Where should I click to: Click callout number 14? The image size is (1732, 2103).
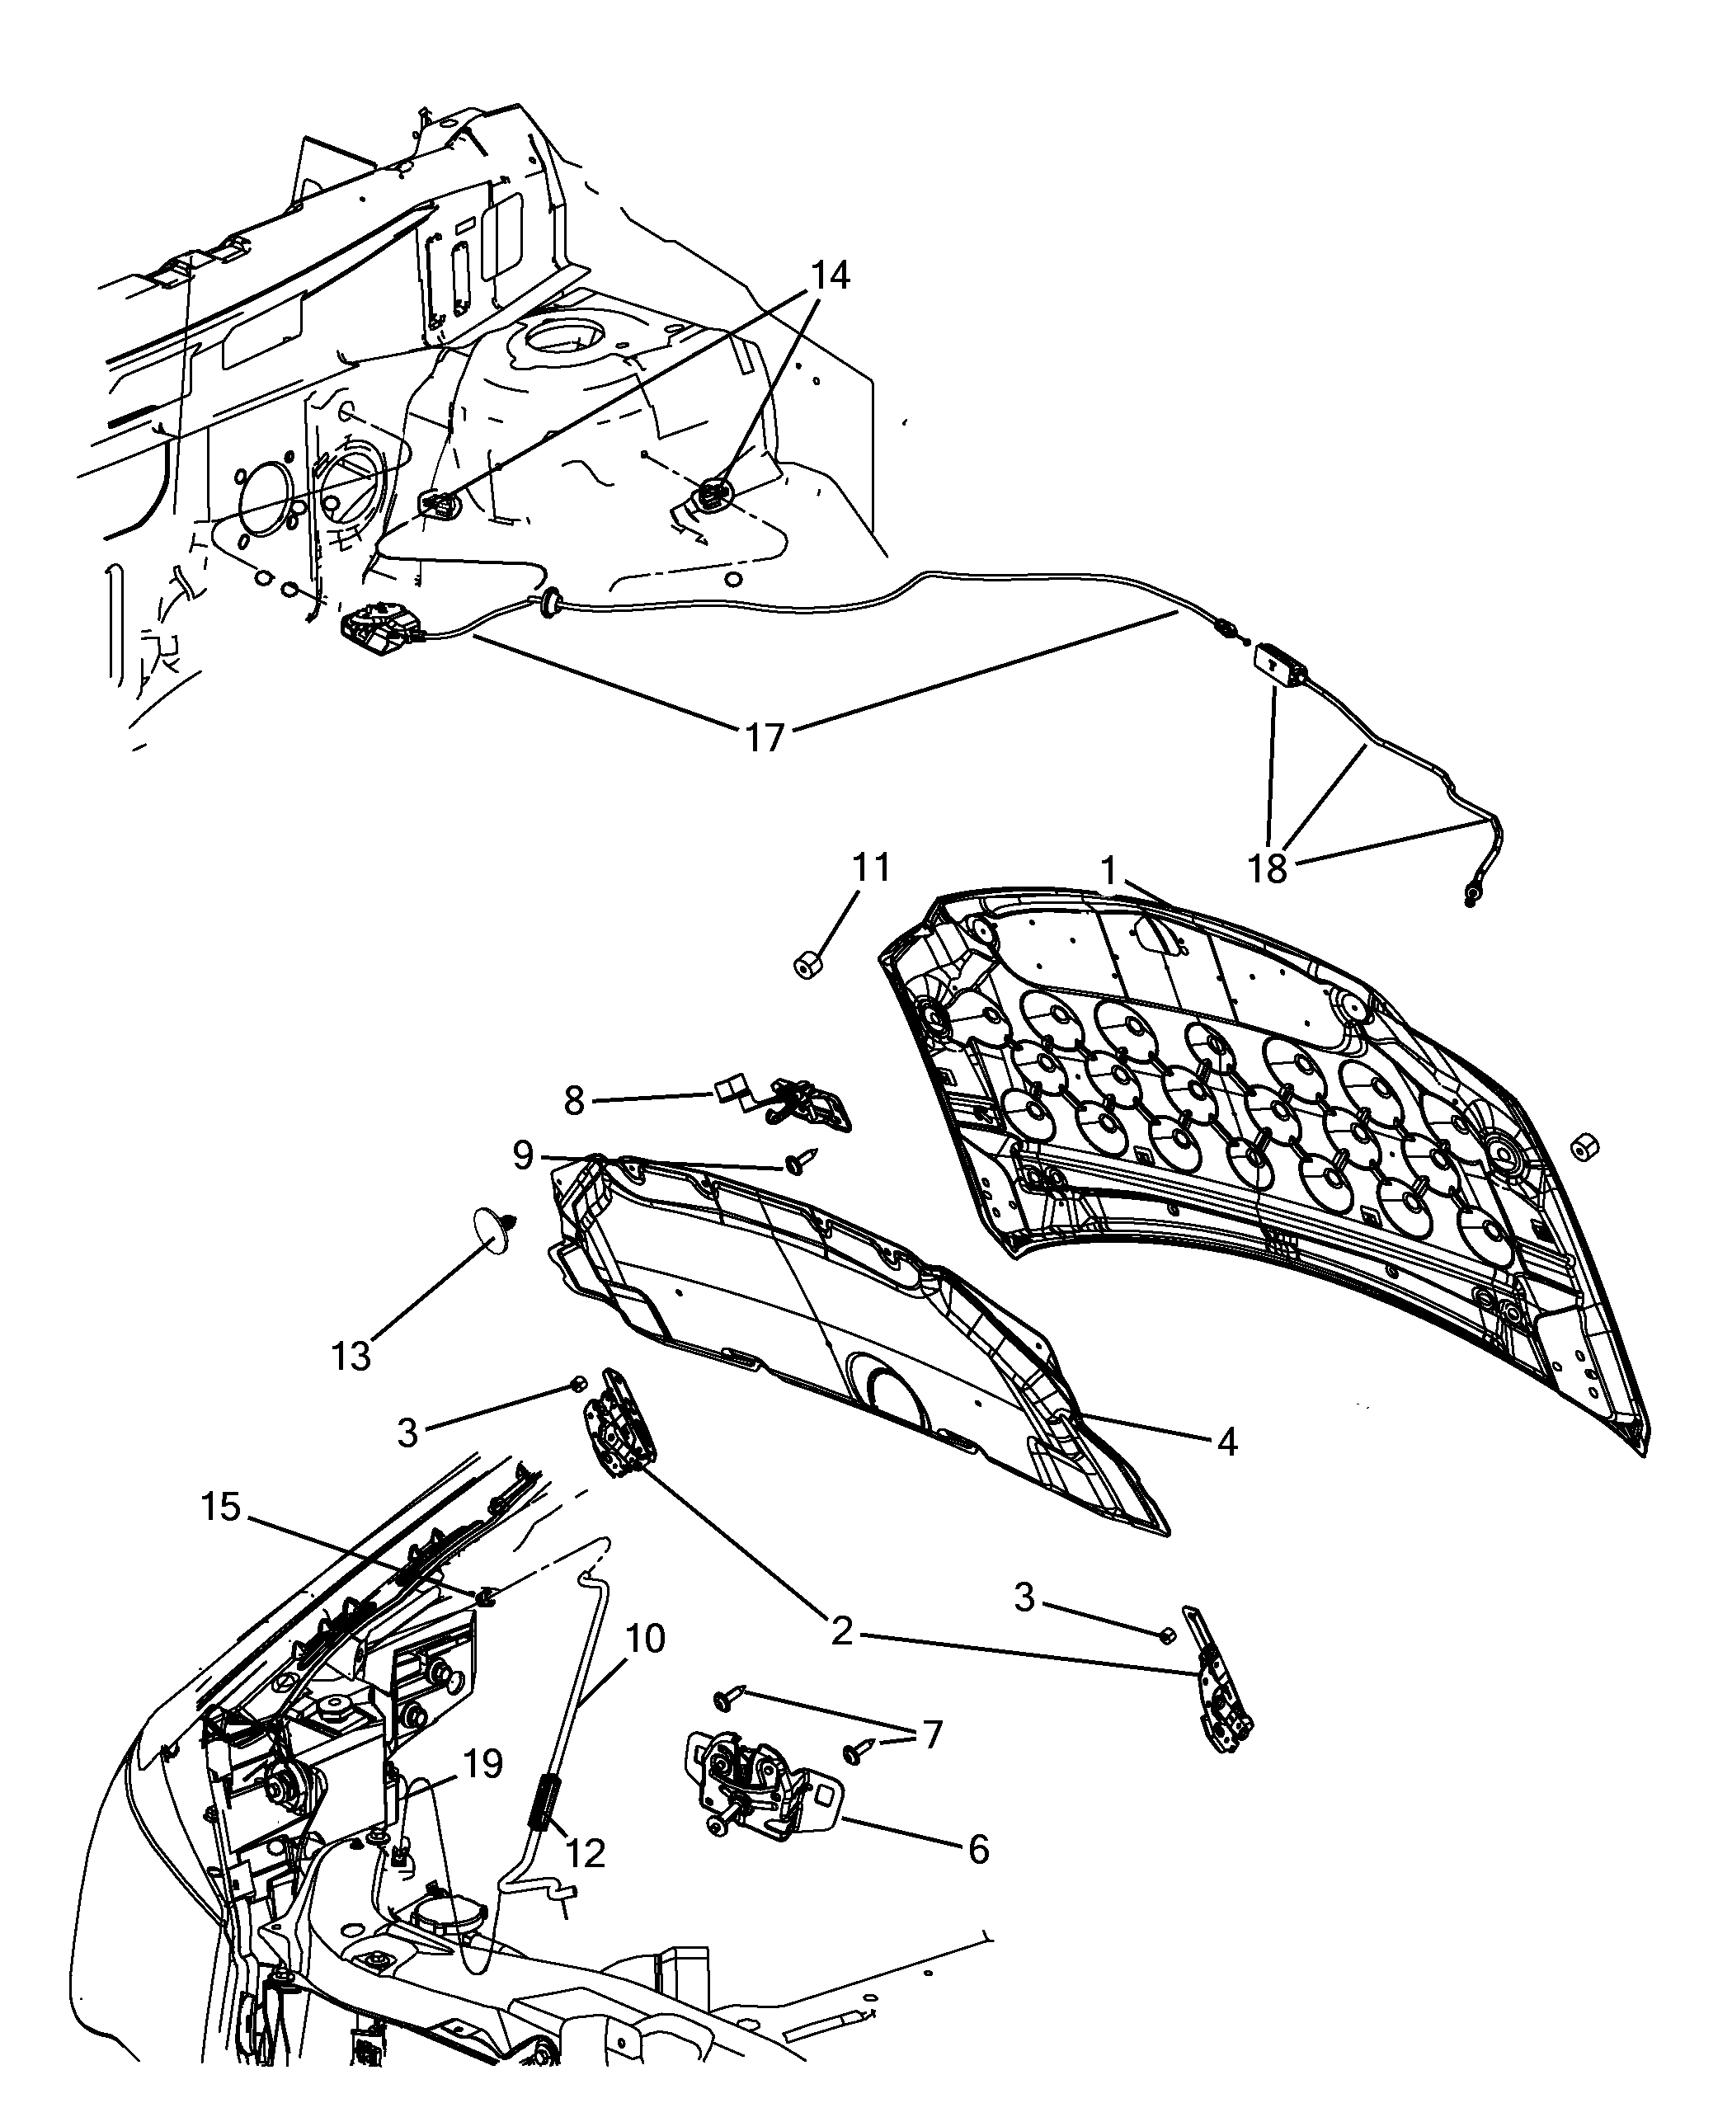[x=830, y=275]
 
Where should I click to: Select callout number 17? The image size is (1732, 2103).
[x=765, y=738]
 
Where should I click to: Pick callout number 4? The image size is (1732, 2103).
[x=1227, y=1441]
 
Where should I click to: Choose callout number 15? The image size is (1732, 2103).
[x=222, y=1507]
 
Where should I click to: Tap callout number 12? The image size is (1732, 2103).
[x=586, y=1854]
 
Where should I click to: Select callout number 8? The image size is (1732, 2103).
[x=574, y=1100]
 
